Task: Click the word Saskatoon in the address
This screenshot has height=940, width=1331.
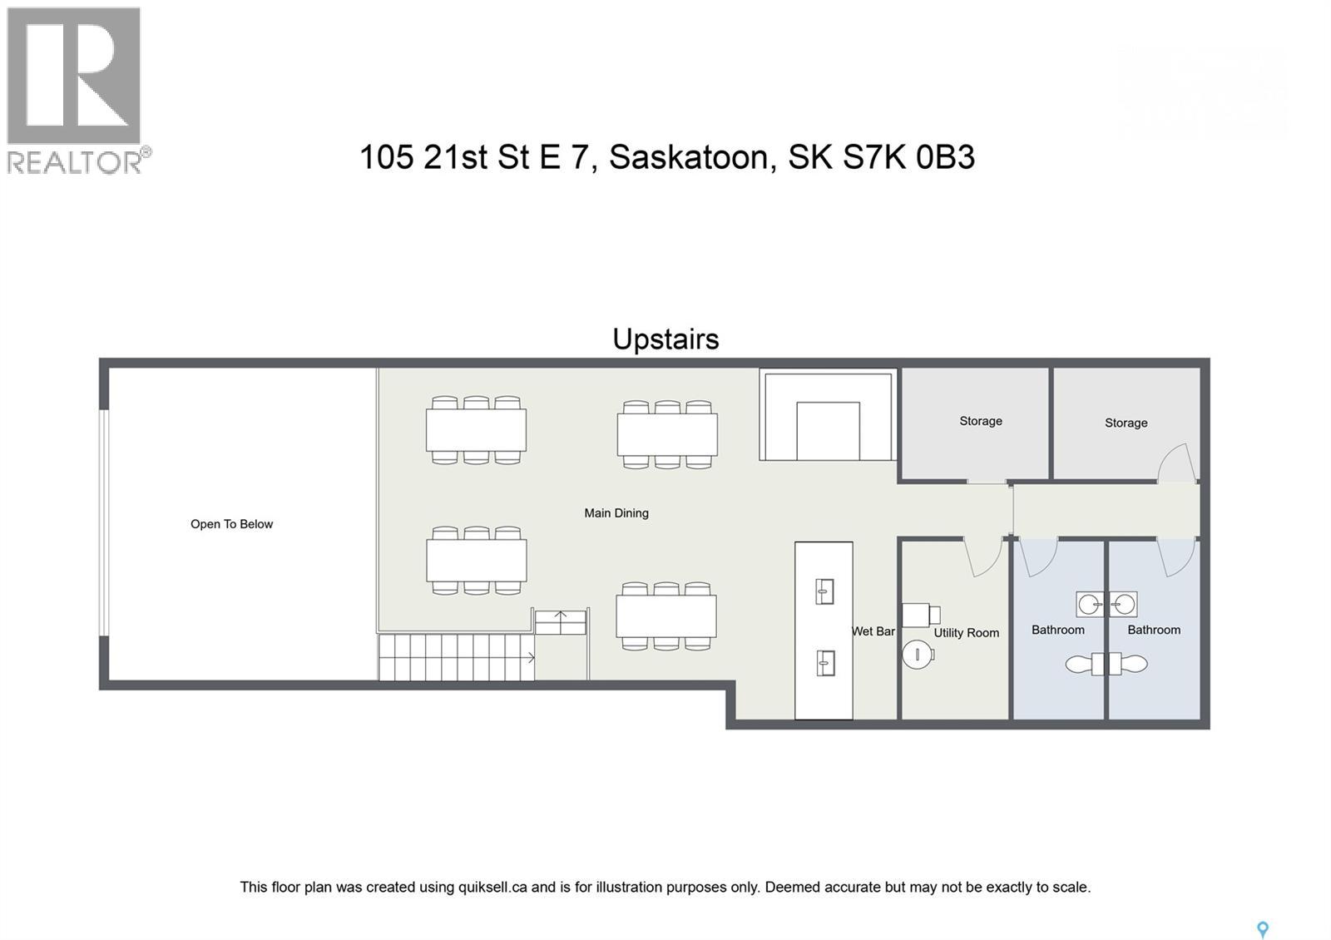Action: (x=688, y=157)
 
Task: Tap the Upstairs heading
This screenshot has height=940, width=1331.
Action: (x=665, y=339)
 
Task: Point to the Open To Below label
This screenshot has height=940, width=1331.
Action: (x=231, y=524)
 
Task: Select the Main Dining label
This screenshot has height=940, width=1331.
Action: (x=616, y=513)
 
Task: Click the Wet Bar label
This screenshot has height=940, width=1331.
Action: (x=873, y=631)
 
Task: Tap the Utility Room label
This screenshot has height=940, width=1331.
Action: (x=966, y=633)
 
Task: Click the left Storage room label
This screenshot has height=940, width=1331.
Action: (x=981, y=421)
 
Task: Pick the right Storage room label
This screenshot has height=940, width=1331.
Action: (x=1126, y=423)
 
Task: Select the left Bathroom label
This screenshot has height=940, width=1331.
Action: (x=1057, y=630)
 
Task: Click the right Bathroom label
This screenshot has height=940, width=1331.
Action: (x=1153, y=630)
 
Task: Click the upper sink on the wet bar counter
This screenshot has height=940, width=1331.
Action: (x=824, y=592)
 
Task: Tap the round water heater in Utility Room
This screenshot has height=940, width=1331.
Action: (x=918, y=654)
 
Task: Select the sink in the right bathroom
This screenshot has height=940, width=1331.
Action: (x=1123, y=604)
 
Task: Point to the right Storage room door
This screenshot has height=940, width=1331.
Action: (x=1177, y=463)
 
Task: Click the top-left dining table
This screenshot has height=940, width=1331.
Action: (x=476, y=430)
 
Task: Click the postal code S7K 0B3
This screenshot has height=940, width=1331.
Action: (x=908, y=157)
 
